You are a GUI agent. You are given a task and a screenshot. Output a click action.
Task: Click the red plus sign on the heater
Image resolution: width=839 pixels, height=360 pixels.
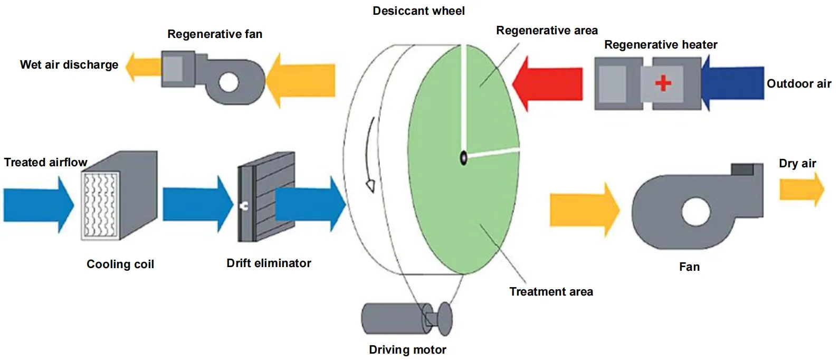click(x=663, y=83)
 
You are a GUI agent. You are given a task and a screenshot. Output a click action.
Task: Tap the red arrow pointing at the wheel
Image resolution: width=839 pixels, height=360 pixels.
click(x=549, y=84)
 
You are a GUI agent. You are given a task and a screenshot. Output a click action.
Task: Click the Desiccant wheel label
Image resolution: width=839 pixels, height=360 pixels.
click(x=418, y=11)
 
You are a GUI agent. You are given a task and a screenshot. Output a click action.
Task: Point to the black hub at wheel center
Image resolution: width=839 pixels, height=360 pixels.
click(x=463, y=157)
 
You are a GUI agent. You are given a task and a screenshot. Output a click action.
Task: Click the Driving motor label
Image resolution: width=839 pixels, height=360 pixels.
click(x=407, y=349)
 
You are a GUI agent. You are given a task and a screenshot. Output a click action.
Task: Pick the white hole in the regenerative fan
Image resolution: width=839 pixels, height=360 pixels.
click(x=229, y=82)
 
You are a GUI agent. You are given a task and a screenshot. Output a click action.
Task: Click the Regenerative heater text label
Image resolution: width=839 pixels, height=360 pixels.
click(x=660, y=45)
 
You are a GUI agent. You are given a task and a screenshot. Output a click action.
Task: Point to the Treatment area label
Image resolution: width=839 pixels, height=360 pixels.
click(x=550, y=292)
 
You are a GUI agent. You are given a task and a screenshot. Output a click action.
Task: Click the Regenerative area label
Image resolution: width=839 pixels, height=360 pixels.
click(x=547, y=31)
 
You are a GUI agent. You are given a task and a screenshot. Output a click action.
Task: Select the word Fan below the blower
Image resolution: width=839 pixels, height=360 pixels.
click(x=689, y=267)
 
